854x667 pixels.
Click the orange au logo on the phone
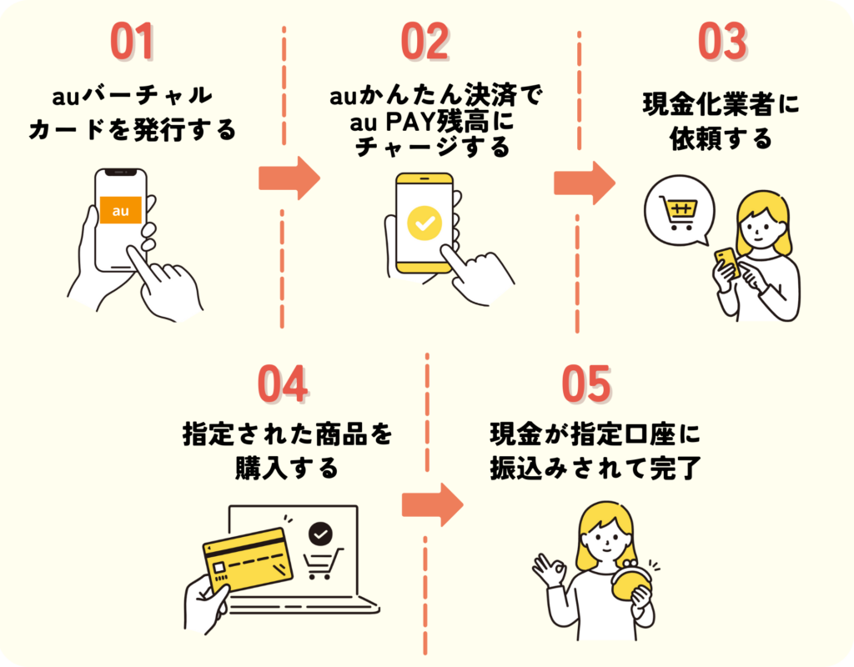pyautogui.click(x=121, y=210)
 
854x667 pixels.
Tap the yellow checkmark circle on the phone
pyautogui.click(x=424, y=223)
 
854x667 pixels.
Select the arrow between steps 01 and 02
pyautogui.click(x=289, y=177)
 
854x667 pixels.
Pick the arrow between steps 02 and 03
pyautogui.click(x=584, y=182)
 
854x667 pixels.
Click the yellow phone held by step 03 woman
pyautogui.click(x=726, y=261)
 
